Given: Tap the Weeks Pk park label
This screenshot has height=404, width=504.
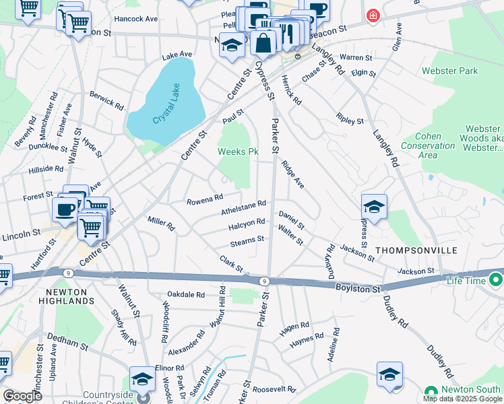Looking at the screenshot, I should point(238,151).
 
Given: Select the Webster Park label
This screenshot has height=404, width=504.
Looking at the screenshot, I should point(449,71).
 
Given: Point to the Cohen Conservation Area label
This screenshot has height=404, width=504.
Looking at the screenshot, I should point(428,145).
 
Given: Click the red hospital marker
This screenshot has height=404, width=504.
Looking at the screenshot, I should point(372,15).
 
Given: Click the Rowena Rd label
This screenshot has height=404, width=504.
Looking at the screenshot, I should point(205,199).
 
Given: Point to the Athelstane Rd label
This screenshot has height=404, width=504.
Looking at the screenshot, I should point(244,207).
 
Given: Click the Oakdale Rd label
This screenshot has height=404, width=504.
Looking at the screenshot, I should point(186,294).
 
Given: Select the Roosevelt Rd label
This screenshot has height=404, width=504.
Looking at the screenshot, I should point(274,389).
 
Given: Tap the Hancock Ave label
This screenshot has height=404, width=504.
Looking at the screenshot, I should point(135,19).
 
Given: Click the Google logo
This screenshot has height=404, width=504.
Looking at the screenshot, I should point(22,396).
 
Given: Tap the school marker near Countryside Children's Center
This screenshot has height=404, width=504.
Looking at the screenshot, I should point(142,380).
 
